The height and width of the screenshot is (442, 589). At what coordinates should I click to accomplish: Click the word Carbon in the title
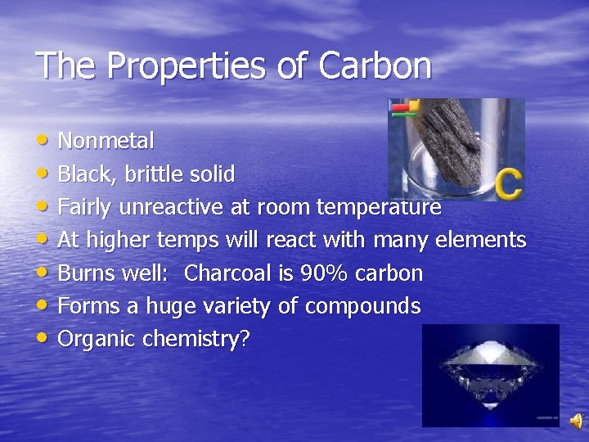pyautogui.click(x=375, y=66)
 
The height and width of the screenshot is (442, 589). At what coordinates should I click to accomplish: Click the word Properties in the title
pyautogui.click(x=189, y=66)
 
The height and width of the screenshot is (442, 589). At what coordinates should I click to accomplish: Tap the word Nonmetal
pyautogui.click(x=106, y=142)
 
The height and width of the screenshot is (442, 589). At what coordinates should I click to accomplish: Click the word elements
pyautogui.click(x=480, y=240)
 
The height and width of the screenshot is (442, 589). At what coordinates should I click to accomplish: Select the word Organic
pyautogui.click(x=97, y=340)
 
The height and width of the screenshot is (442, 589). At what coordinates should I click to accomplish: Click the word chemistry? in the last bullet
pyautogui.click(x=196, y=340)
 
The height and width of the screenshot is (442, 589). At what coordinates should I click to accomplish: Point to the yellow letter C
pyautogui.click(x=507, y=183)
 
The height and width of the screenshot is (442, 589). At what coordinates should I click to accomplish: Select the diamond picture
pyautogui.click(x=490, y=375)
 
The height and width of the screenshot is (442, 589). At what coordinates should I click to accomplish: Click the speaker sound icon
pyautogui.click(x=576, y=421)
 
